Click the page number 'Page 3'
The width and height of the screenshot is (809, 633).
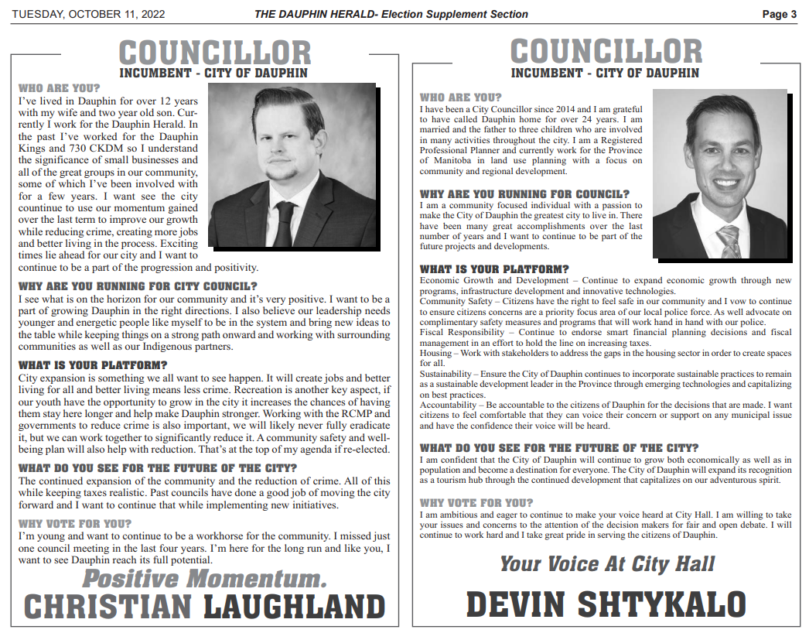pos(779,14)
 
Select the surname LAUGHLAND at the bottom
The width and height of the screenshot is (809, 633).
pos(294,606)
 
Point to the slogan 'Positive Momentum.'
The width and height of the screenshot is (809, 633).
pos(204,578)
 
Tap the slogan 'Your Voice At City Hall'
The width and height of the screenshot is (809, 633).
pos(607,563)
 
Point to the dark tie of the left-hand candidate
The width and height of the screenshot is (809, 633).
pos(284,224)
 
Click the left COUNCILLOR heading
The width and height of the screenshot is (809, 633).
pos(214,53)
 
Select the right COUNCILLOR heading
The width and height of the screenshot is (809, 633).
pos(606,52)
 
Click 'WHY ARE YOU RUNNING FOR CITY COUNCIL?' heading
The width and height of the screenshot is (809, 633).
pos(138,286)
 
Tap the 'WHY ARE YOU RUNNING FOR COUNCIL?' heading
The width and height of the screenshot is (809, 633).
pos(524,194)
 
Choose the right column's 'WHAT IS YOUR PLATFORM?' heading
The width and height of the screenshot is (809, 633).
pos(494,269)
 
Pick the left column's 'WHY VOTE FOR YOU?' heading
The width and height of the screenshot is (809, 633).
pos(75,524)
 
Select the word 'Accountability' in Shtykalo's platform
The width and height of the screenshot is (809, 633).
pos(450,405)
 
